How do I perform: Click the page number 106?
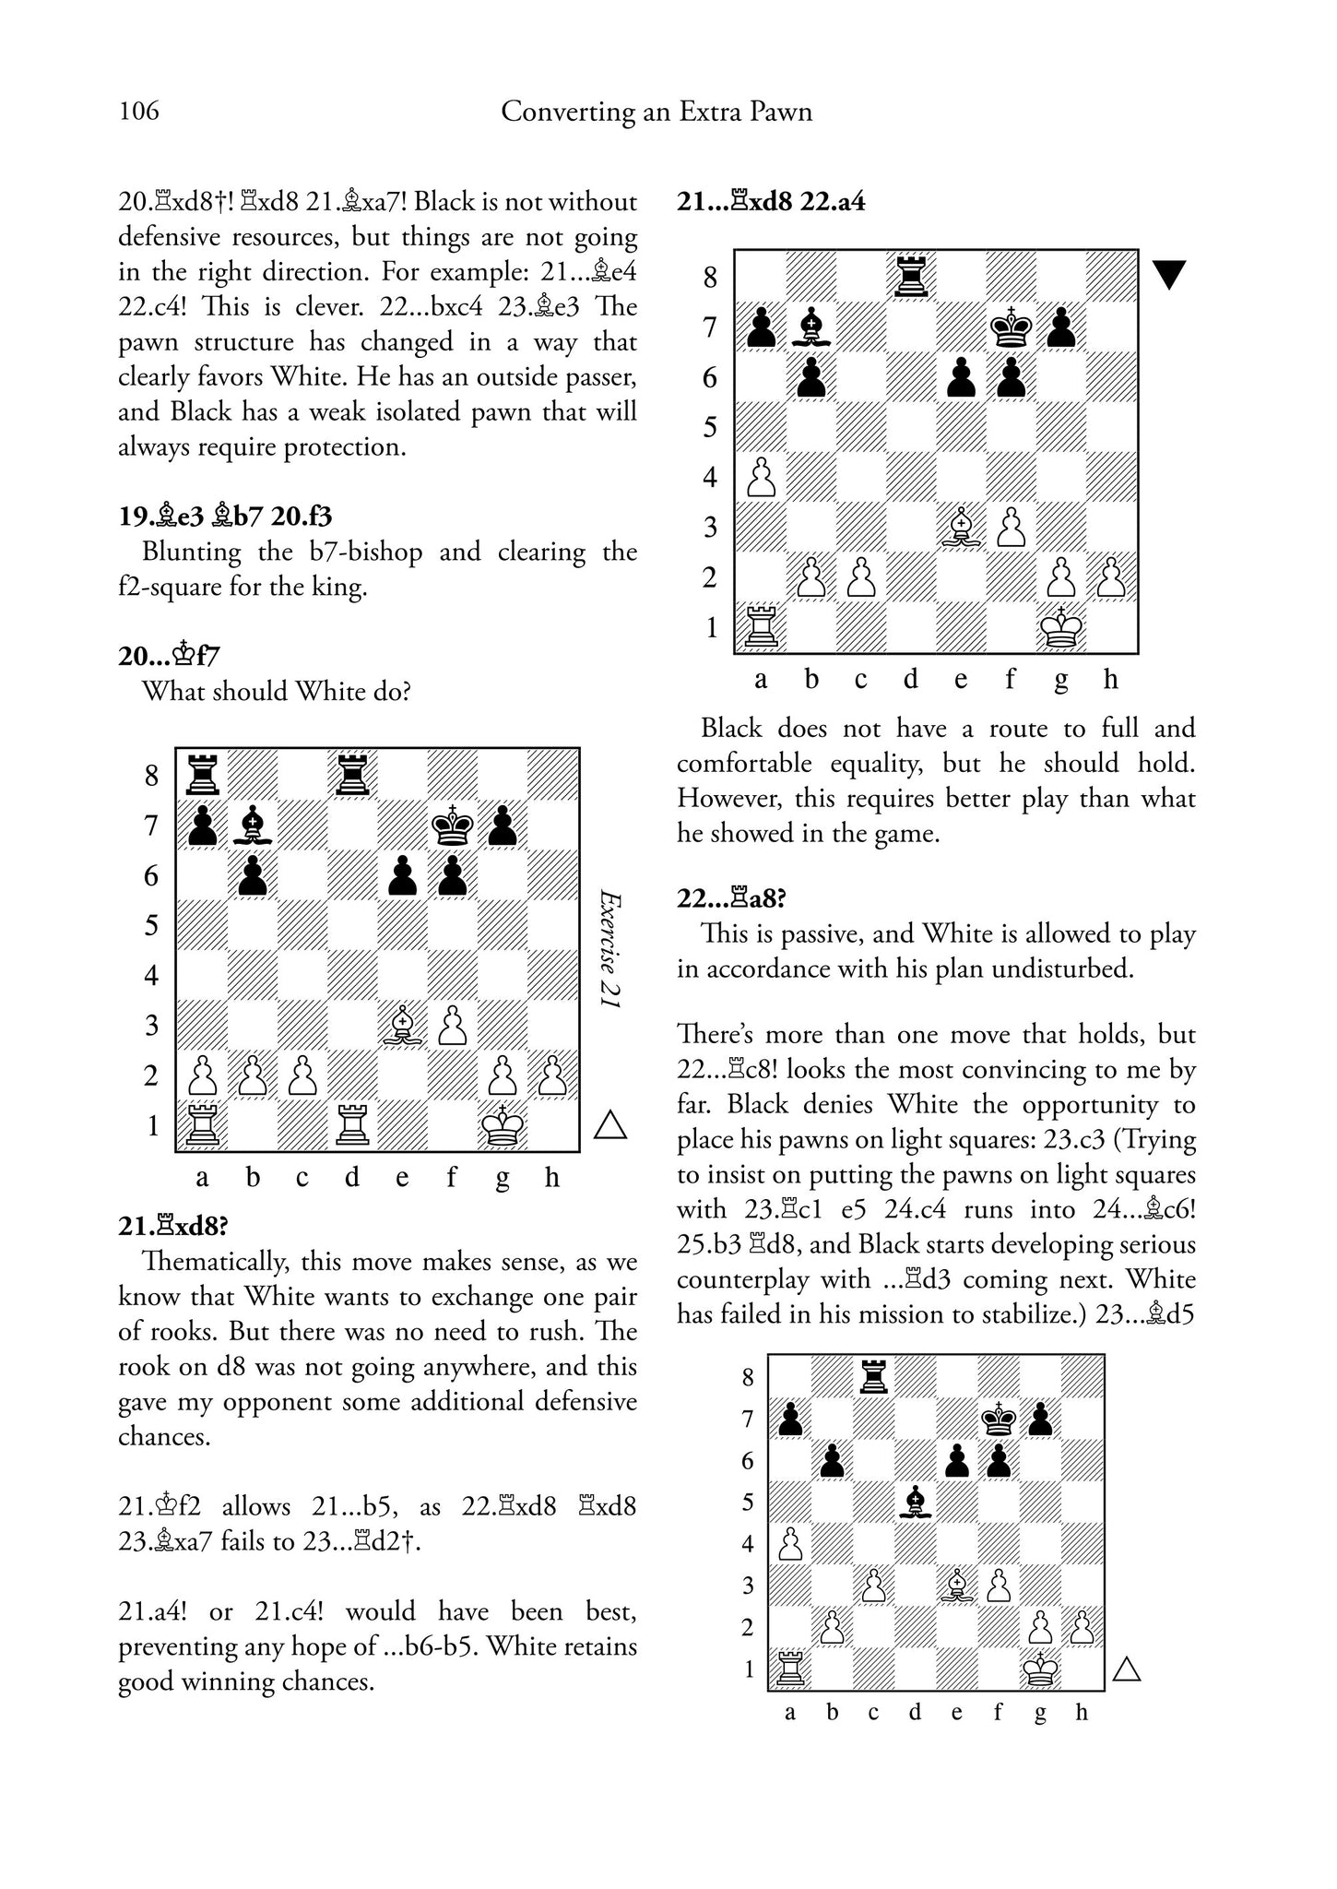pyautogui.click(x=139, y=112)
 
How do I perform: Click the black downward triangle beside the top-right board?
pyautogui.click(x=1169, y=275)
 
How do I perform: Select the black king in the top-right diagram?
pyautogui.click(x=1012, y=326)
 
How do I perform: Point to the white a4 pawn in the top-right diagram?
pyautogui.click(x=762, y=477)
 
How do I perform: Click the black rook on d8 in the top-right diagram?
pyautogui.click(x=911, y=275)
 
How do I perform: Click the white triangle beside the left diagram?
pyautogui.click(x=610, y=1125)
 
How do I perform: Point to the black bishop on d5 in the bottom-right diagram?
pyautogui.click(x=915, y=1502)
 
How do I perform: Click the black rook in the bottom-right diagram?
pyautogui.click(x=873, y=1376)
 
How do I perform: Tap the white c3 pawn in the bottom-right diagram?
pyautogui.click(x=873, y=1586)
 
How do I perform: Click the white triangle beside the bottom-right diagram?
pyautogui.click(x=1127, y=1669)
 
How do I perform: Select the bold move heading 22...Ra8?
pyautogui.click(x=734, y=897)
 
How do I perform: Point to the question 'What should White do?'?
pyautogui.click(x=276, y=691)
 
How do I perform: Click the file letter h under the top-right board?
pyautogui.click(x=1111, y=680)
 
